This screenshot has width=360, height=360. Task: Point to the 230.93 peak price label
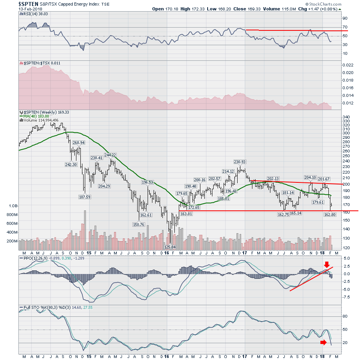click(x=240, y=162)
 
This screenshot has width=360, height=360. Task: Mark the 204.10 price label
click(x=310, y=178)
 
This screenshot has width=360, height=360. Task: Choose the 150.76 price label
click(x=139, y=224)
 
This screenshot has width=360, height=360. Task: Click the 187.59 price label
click(x=84, y=196)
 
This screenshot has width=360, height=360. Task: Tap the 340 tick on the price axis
click(x=346, y=117)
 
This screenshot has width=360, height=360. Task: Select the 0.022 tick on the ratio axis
click(x=348, y=65)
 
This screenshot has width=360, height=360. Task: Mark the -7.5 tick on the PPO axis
click(x=346, y=297)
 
